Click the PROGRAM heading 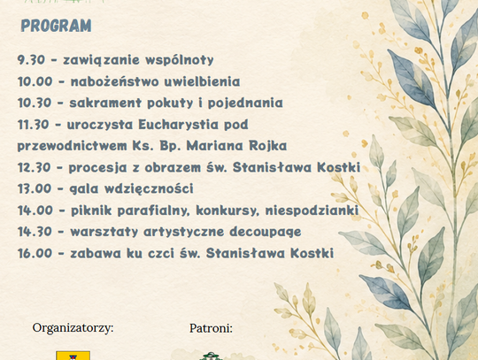[56, 26]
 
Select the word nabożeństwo [115, 81]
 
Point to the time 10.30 [35, 103]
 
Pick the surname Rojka [268, 146]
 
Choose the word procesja [97, 167]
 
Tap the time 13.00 [35, 188]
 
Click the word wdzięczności [149, 188]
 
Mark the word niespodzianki [312, 211]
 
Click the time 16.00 [35, 253]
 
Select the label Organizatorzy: [73, 328]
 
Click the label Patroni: [211, 328]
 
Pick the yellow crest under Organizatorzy [73, 356]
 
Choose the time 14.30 [35, 232]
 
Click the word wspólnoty [180, 60]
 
